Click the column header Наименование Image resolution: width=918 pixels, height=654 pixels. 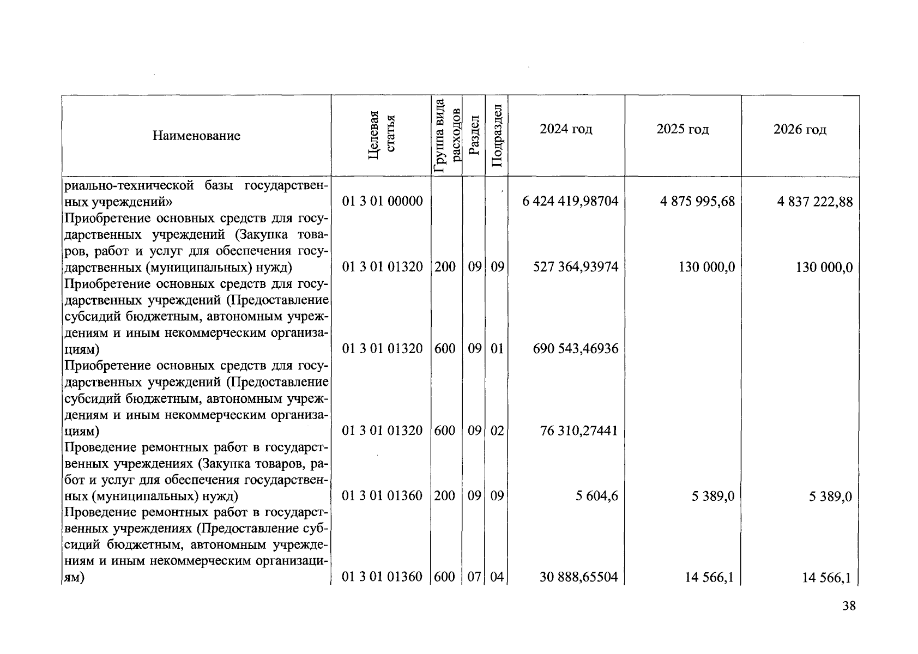(196, 136)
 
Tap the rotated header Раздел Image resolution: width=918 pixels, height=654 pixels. (474, 135)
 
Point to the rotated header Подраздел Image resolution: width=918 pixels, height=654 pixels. (497, 135)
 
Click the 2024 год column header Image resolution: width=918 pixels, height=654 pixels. (566, 129)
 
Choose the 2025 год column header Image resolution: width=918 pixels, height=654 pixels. (683, 129)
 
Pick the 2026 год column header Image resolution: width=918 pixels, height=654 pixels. (800, 130)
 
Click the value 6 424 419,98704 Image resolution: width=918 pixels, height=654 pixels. (570, 202)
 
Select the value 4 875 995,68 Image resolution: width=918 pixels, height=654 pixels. (697, 202)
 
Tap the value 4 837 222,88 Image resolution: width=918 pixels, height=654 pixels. (815, 202)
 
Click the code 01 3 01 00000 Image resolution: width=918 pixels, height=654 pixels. (382, 202)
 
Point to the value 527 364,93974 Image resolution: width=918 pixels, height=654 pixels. (575, 267)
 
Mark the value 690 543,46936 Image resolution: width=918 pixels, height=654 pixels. (575, 349)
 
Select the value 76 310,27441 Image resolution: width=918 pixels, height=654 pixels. (578, 431)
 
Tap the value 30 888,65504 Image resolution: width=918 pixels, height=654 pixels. (578, 577)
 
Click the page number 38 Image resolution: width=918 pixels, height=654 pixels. (849, 606)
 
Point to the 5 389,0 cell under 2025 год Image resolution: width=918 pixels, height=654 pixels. (712, 496)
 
